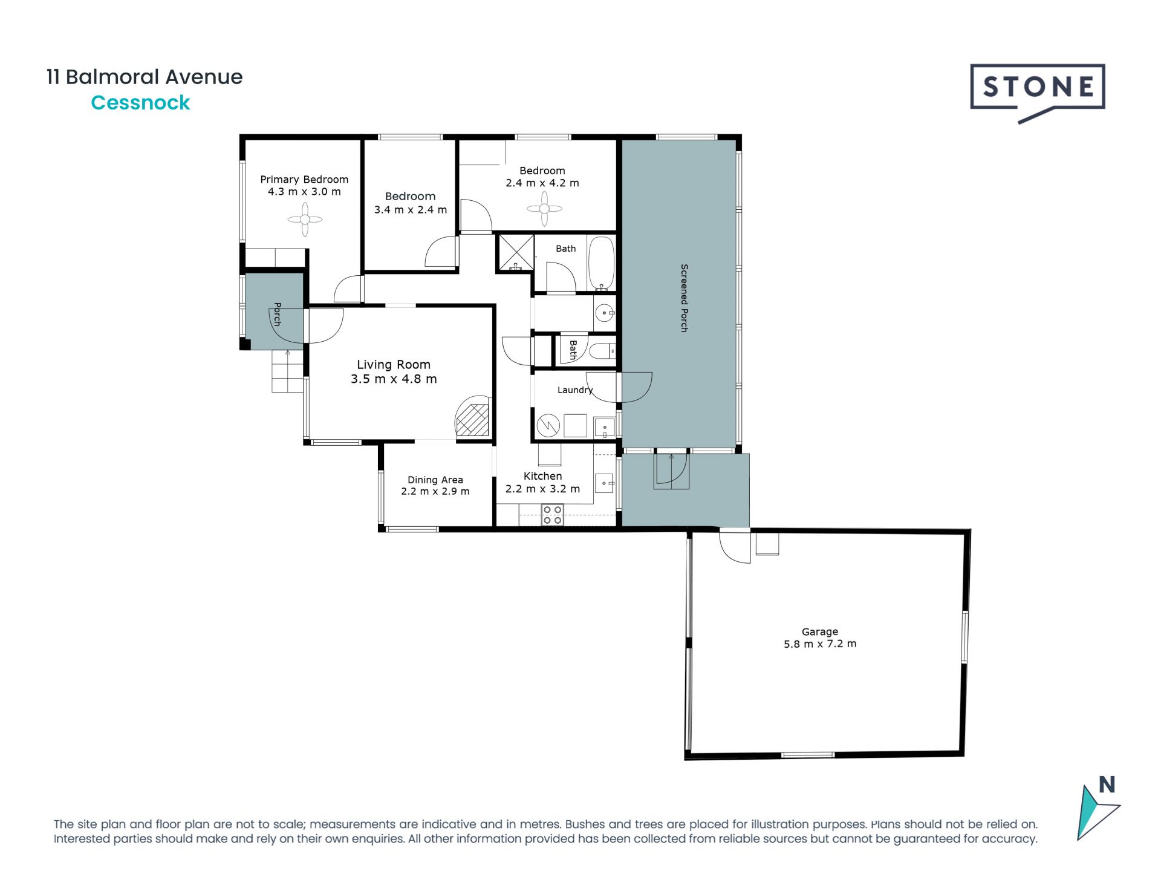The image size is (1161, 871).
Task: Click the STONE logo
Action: coord(1038,93)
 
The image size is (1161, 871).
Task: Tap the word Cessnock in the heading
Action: coord(140,103)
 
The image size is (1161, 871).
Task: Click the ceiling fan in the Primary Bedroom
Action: coord(305,220)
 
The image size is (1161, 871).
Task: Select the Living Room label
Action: coord(394,365)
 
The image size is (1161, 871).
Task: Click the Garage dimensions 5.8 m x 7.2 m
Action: coord(820,644)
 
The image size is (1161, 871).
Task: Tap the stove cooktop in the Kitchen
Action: coord(553,515)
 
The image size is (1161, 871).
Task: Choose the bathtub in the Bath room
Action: coord(602,264)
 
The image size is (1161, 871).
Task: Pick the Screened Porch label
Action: coord(685,298)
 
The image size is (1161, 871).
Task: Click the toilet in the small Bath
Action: coord(602,351)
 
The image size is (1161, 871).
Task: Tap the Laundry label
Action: coord(575,390)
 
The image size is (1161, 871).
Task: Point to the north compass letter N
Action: coord(1107,785)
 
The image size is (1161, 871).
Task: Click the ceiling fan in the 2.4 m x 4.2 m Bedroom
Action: coord(544,209)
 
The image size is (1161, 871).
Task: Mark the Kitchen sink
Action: coord(605,483)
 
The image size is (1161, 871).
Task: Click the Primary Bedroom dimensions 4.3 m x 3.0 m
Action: coord(304,192)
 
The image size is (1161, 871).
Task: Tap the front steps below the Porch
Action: coord(287,371)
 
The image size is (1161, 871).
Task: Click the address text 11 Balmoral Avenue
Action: coord(145,77)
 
